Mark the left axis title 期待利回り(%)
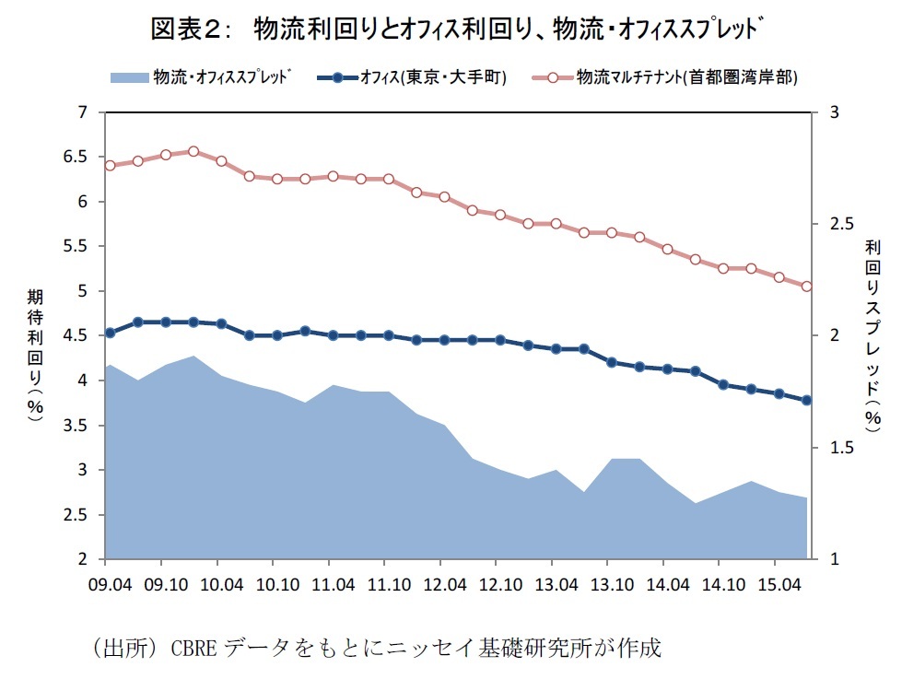click(35, 355)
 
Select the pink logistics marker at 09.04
click(110, 166)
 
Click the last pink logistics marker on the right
click(806, 287)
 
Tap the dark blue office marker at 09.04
click(110, 333)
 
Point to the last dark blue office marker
click(806, 400)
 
